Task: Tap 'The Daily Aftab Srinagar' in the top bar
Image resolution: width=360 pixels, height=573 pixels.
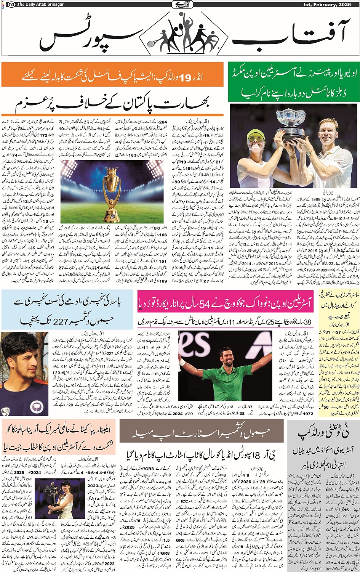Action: click(x=40, y=5)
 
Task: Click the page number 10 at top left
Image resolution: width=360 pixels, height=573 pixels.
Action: click(x=11, y=5)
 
